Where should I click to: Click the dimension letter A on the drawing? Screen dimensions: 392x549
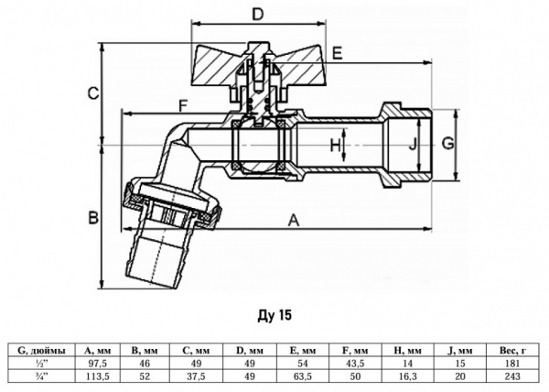tap(293, 220)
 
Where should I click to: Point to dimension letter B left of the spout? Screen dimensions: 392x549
tap(93, 218)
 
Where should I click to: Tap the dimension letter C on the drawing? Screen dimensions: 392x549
tap(93, 92)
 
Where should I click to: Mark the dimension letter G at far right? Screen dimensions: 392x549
tap(447, 143)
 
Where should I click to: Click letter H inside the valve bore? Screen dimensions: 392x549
tap(335, 145)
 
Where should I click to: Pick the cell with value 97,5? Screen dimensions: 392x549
tap(98, 362)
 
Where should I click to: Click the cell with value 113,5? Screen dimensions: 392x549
tap(98, 374)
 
